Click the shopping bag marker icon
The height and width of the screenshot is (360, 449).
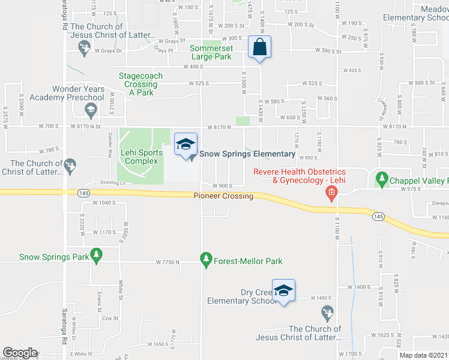pos(259,47)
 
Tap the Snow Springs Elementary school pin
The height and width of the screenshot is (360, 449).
pos(185,144)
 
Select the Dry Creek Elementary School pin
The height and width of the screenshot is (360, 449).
pos(283,291)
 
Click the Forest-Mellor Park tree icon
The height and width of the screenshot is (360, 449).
pos(206,260)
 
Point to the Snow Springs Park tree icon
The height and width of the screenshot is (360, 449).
pos(95,256)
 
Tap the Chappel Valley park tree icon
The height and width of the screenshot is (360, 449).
pos(381,179)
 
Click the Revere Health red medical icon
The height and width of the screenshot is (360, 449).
pos(330,193)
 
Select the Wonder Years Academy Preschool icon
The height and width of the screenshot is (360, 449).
pos(90,109)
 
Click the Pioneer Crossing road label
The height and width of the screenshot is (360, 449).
pos(223,196)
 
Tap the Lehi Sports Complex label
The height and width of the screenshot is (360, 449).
pos(142,157)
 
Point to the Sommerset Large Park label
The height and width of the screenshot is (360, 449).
pos(211,52)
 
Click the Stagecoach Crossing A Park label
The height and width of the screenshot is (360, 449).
pos(140,84)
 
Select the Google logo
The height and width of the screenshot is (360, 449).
pos(20,353)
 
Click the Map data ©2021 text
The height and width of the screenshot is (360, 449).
pos(423,355)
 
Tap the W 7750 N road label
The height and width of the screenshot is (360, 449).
pos(168,262)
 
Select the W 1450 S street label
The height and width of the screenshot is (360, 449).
pos(322,298)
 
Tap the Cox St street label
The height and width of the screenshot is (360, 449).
pos(110,319)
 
